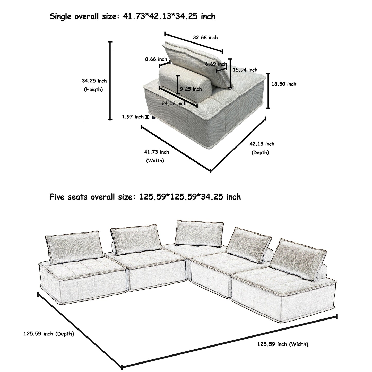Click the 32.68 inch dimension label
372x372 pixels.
tap(205, 38)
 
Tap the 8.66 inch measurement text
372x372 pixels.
tap(156, 59)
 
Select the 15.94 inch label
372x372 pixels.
tap(245, 70)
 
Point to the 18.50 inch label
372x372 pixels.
tap(284, 84)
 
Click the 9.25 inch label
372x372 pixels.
tap(191, 89)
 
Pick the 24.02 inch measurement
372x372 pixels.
tap(174, 103)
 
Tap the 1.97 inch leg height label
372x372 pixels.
tap(133, 117)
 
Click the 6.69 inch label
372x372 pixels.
tap(216, 64)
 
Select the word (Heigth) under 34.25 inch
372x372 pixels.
tap(93, 90)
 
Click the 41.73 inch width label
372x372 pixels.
tap(157, 152)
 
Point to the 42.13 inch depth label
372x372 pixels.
tap(262, 144)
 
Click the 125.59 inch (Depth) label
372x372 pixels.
tap(49, 334)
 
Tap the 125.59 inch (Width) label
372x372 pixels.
tap(283, 344)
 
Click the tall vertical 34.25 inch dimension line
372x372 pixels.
tap(110, 81)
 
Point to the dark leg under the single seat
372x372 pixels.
tap(154, 118)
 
